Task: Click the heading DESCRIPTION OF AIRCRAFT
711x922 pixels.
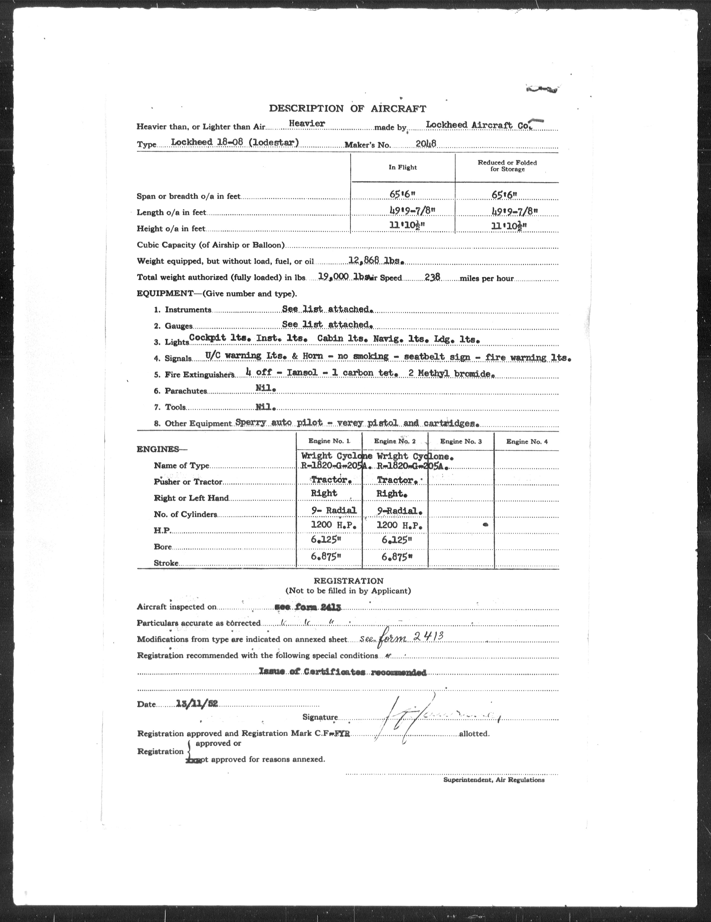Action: pyautogui.click(x=347, y=108)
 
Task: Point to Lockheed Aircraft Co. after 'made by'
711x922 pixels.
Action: pyautogui.click(x=479, y=125)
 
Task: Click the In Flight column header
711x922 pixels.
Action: pyautogui.click(x=402, y=168)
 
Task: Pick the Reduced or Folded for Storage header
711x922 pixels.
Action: pyautogui.click(x=507, y=166)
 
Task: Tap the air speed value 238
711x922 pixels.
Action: pyautogui.click(x=432, y=277)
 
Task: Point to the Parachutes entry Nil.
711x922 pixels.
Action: pyautogui.click(x=266, y=389)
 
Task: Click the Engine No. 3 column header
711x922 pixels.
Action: pyautogui.click(x=461, y=441)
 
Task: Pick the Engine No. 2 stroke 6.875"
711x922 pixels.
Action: pyautogui.click(x=397, y=557)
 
